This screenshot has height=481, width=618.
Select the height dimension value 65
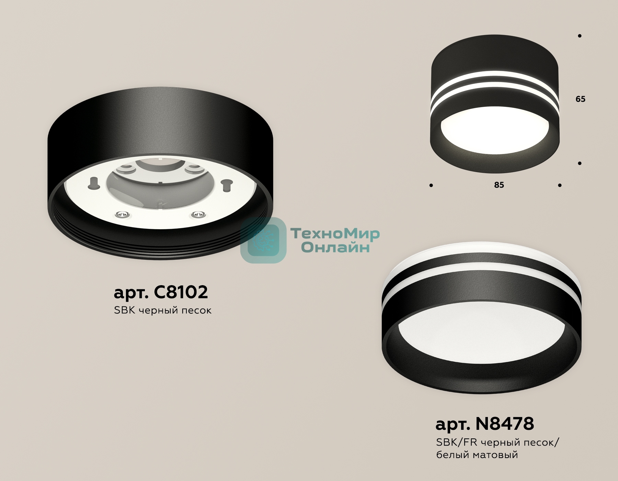[580, 99]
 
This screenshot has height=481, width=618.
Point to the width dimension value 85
[499, 185]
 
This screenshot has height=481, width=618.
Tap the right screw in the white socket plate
[197, 214]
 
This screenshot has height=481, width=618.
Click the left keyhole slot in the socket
[93, 183]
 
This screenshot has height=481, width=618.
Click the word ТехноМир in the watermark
[335, 234]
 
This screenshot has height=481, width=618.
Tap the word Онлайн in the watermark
[335, 247]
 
